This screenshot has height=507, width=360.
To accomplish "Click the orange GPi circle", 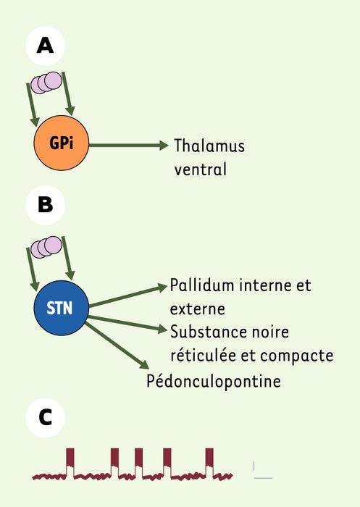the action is tap(61, 143).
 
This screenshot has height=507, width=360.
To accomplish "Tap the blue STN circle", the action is tap(61, 308).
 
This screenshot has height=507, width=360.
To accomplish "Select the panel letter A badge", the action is tap(46, 46).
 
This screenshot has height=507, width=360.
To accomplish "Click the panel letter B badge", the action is tap(46, 205).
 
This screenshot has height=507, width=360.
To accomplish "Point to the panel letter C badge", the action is tap(46, 417).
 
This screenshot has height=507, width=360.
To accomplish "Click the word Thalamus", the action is tap(209, 146).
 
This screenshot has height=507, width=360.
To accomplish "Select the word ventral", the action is tap(200, 169).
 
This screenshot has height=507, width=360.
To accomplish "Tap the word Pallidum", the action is tap(202, 285).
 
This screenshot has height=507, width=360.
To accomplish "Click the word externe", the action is tap(197, 309).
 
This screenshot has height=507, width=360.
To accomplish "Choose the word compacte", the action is tap(296, 356).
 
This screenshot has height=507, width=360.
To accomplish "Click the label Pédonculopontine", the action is tap(214, 381).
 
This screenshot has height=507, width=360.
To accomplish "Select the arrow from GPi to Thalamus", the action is tap(128, 145).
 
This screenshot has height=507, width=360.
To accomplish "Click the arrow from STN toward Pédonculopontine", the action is tap(117, 345).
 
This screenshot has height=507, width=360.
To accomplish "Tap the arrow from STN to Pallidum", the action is tap(127, 296).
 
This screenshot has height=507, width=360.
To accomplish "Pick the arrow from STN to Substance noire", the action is tap(127, 324).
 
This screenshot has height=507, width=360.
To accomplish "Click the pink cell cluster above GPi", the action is tap(46, 83).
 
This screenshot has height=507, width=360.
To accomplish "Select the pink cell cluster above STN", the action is tap(46, 247).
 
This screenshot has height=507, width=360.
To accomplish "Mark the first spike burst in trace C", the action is tap(70, 461).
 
